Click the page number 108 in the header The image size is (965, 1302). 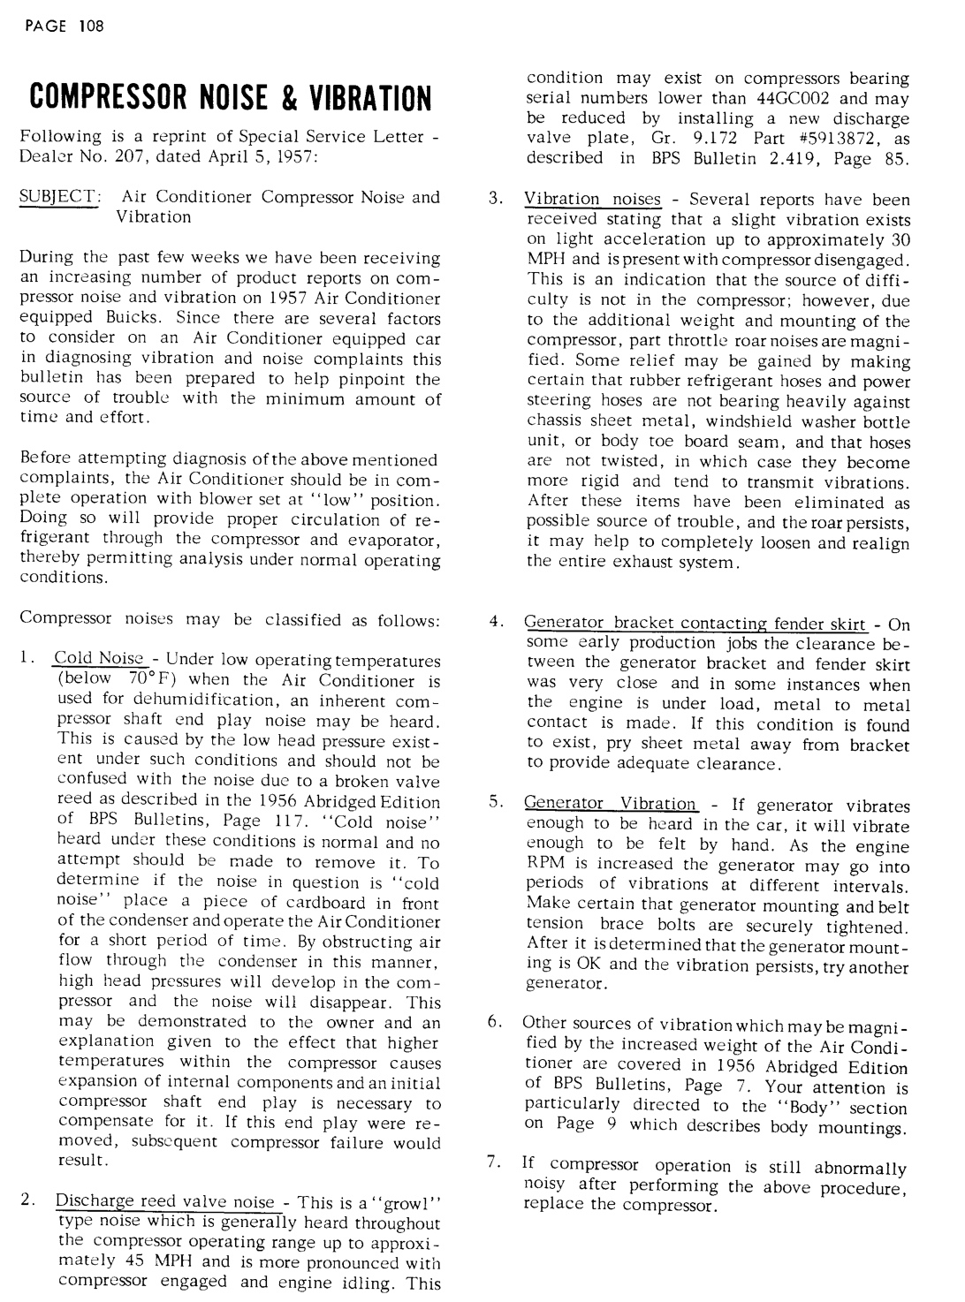tap(91, 26)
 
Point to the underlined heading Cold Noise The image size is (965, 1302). tap(98, 659)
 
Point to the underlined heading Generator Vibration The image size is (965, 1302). tap(611, 804)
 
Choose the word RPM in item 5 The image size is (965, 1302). tap(544, 864)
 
